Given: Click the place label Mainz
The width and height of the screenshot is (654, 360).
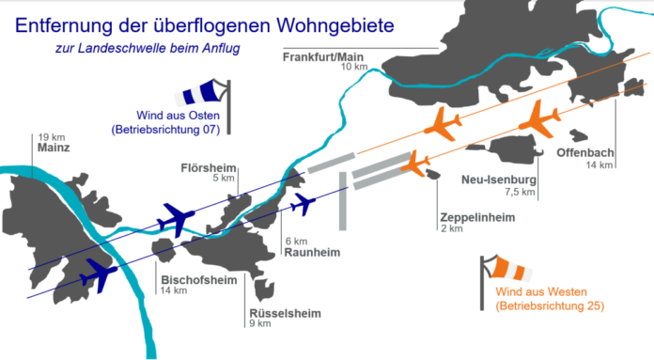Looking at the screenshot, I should [x=54, y=149].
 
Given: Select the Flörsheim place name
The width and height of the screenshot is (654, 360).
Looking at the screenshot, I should [x=207, y=168].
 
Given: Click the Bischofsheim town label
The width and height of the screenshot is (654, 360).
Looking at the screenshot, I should [x=195, y=279].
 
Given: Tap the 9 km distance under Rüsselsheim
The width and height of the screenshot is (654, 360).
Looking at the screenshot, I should [x=260, y=324].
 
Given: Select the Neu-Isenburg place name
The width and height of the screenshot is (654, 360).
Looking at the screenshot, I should [x=498, y=180].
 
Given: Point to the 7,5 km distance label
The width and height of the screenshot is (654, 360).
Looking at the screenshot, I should [x=521, y=192].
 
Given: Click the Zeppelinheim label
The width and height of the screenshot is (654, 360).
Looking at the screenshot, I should [x=476, y=216].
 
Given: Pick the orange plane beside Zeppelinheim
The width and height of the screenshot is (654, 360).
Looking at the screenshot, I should [x=414, y=164].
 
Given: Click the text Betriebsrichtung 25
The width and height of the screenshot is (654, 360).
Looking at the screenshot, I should [x=544, y=306].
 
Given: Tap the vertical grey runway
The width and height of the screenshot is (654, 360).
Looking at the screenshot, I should [x=343, y=201].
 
